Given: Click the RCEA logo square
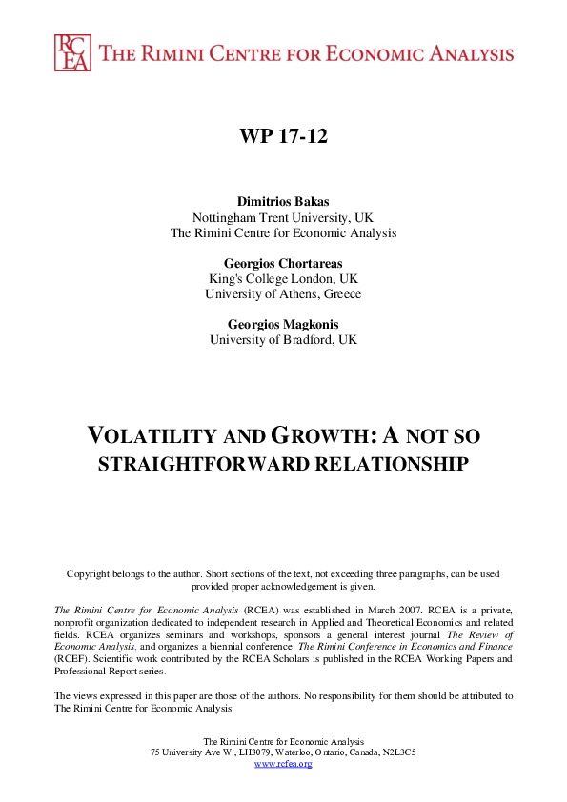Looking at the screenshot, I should pyautogui.click(x=73, y=52).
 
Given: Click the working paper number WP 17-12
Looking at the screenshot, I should pyautogui.click(x=283, y=136).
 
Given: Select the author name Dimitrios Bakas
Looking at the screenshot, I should pyautogui.click(x=283, y=202).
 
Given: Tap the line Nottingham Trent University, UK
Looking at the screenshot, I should pyautogui.click(x=283, y=217).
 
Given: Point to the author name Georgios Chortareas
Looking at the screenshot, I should pyautogui.click(x=283, y=264).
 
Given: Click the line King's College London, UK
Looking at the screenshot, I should pyautogui.click(x=283, y=279).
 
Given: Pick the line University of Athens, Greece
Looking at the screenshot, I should pyautogui.click(x=283, y=294).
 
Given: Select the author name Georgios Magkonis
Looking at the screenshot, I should pyautogui.click(x=283, y=324).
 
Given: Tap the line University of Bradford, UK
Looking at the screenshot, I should pyautogui.click(x=283, y=339).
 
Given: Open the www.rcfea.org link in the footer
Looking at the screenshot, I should pyautogui.click(x=283, y=763).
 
